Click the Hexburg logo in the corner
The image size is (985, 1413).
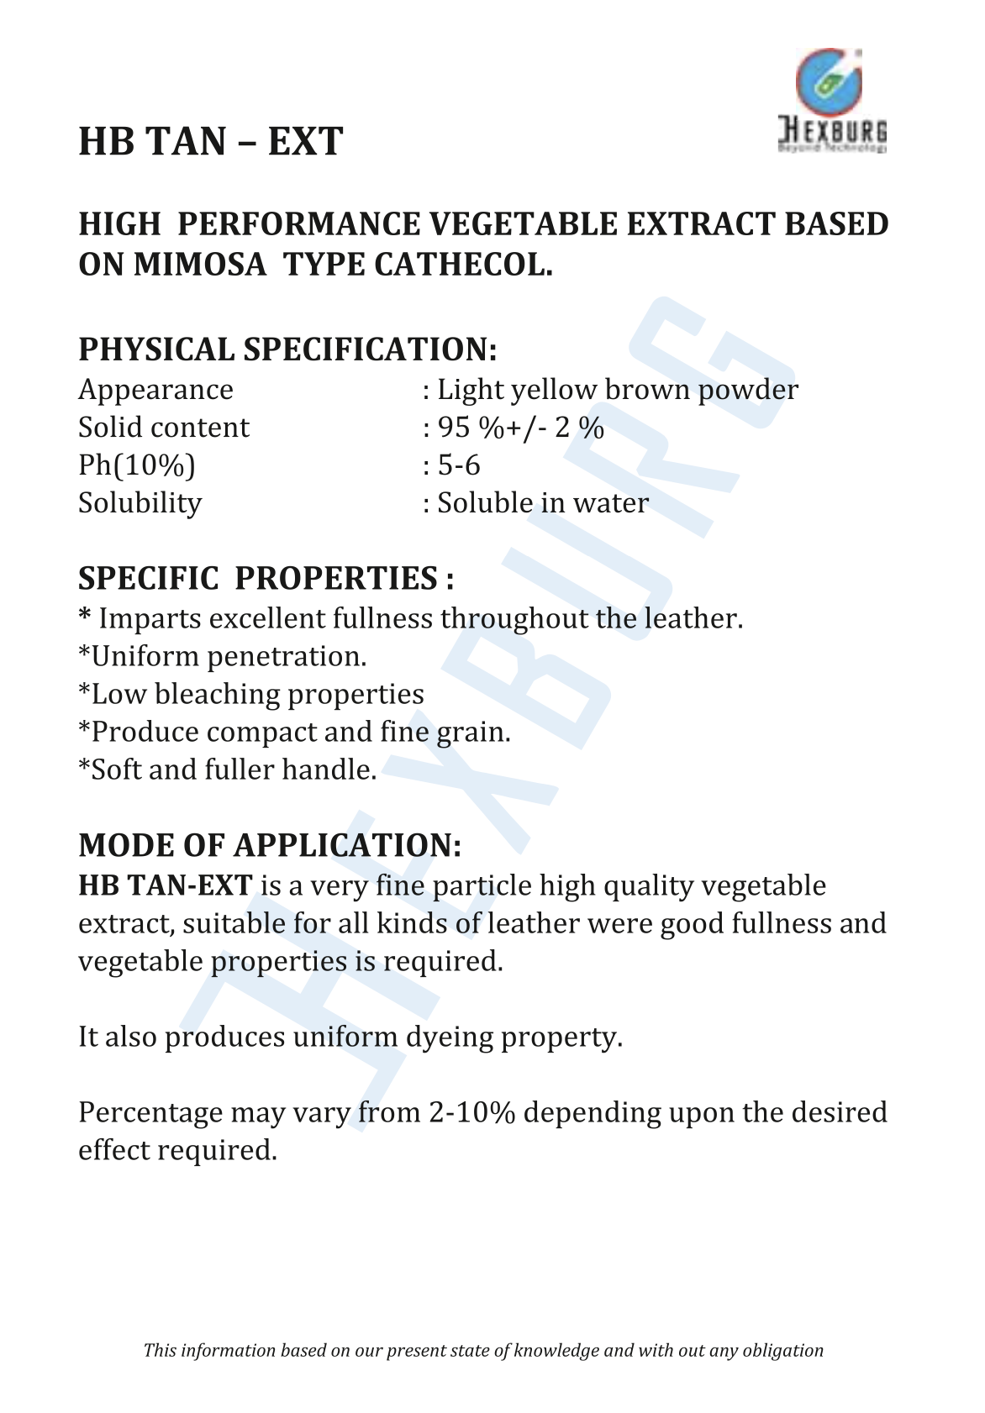tap(830, 101)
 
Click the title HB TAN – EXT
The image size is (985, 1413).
tap(210, 142)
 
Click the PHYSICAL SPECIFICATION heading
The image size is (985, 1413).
tap(287, 349)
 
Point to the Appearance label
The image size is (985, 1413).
tap(155, 390)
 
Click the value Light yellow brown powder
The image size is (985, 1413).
tap(617, 390)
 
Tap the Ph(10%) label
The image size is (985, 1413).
tap(136, 465)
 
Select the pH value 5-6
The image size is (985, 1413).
tap(459, 465)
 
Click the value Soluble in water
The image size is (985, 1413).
tap(543, 503)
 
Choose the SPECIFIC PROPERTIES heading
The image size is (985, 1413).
tap(266, 579)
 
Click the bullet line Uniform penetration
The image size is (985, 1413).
tap(223, 656)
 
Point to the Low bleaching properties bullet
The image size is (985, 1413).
tap(251, 694)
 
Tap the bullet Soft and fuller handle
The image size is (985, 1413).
tap(228, 770)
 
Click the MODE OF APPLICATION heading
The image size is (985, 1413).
tap(270, 845)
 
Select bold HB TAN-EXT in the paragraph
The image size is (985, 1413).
tap(166, 885)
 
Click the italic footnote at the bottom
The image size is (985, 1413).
tap(483, 1350)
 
